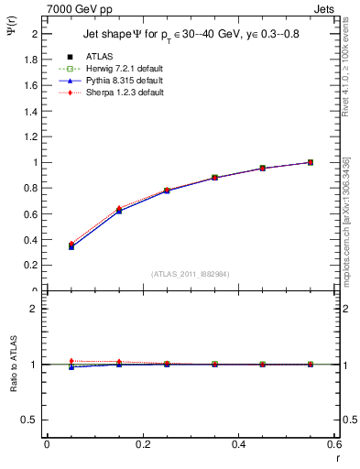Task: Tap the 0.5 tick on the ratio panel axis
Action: (x=33, y=420)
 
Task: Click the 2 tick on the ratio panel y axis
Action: (x=38, y=309)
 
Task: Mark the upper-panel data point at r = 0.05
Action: (x=71, y=245)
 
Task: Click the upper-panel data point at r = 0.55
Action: (x=311, y=162)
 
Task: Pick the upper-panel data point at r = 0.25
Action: (x=167, y=191)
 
